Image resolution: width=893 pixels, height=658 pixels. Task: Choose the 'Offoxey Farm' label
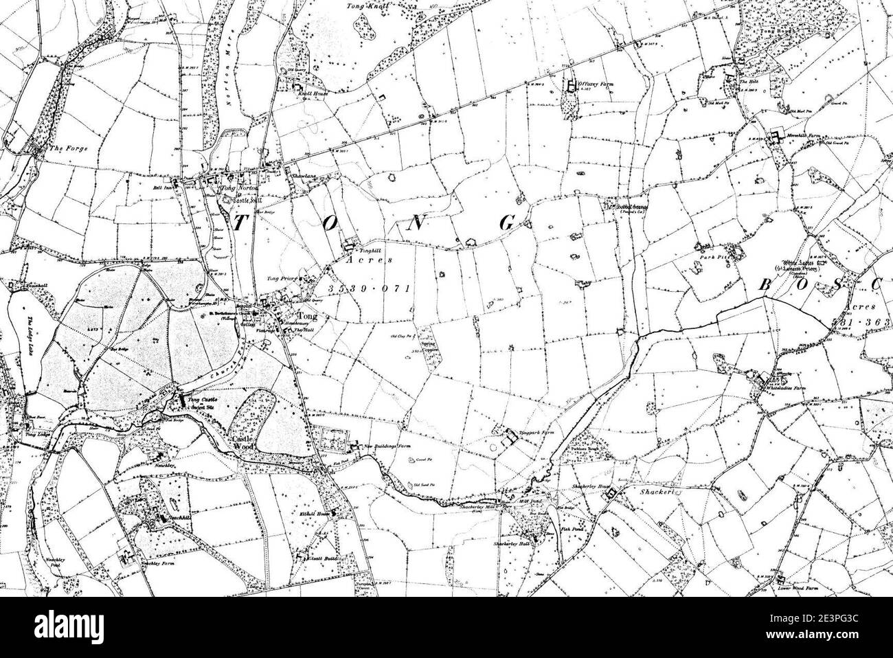pyautogui.click(x=595, y=84)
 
